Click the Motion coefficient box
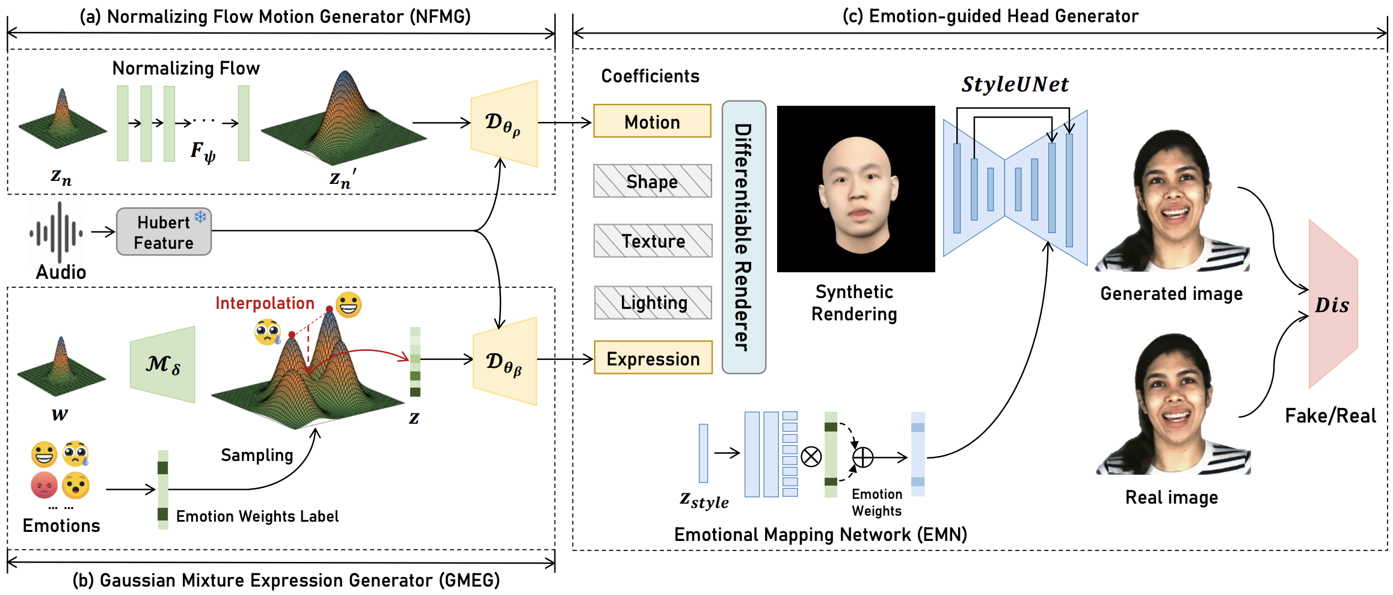[652, 121]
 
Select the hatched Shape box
[652, 181]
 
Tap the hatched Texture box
[653, 240]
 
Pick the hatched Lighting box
[653, 302]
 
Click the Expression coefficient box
[653, 358]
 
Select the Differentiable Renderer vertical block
[743, 237]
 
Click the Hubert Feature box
[164, 232]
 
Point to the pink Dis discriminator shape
[1333, 304]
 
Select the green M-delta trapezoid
[163, 364]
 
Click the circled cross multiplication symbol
[811, 457]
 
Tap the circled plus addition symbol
[863, 457]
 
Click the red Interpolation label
[265, 303]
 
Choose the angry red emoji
[44, 485]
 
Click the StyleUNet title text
[1015, 84]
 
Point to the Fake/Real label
[1330, 415]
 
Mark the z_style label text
[704, 500]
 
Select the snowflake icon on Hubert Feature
[200, 216]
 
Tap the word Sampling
[257, 455]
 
